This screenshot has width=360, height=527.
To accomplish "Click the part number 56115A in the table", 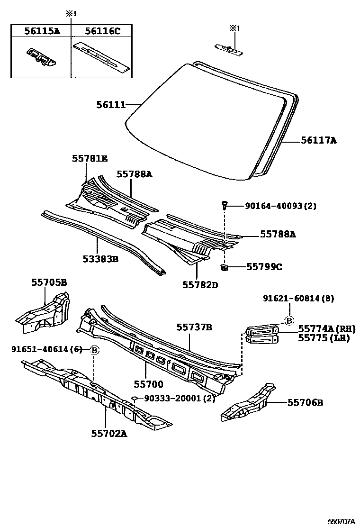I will tap(42, 31).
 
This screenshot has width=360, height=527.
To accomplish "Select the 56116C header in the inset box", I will tap(102, 31).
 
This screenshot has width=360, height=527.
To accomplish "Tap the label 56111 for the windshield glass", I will tap(111, 105).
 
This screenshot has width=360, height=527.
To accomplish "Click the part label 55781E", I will tap(90, 159).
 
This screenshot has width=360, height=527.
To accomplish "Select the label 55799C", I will tap(264, 267).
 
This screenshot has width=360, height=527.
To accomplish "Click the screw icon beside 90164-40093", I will tap(225, 205).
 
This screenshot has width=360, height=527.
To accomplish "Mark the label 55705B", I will tap(49, 282).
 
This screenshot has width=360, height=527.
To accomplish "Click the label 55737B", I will tap(194, 327).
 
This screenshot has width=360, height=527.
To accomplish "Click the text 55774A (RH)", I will tap(326, 329).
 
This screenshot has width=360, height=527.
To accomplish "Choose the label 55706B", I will tap(306, 402).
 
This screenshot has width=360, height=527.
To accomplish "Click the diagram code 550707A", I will tap(342, 521).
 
